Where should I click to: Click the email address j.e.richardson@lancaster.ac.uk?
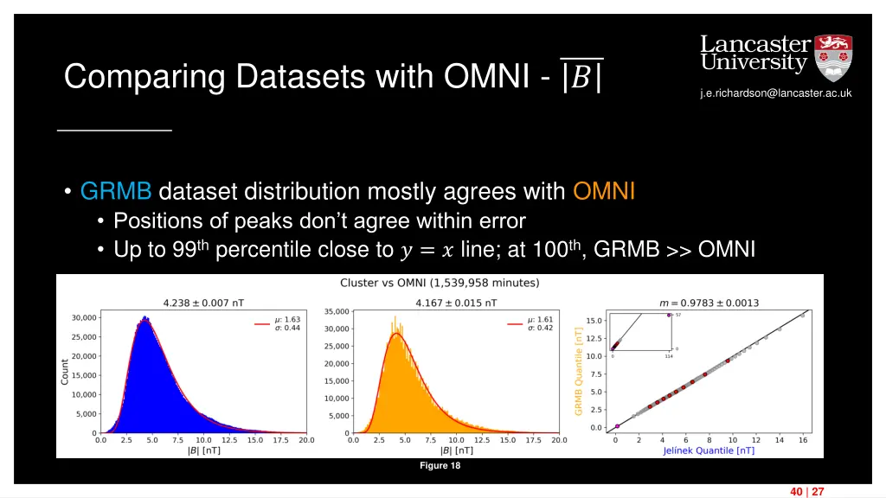point(776,93)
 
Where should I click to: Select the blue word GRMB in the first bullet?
point(116,191)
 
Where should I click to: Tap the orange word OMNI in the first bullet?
point(604,191)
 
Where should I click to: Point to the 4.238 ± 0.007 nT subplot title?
point(203,303)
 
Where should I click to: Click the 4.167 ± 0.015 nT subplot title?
point(457,303)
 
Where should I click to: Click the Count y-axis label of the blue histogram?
point(65,373)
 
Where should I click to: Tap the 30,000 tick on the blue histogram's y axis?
point(83,318)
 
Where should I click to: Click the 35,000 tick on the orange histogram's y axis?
point(336,311)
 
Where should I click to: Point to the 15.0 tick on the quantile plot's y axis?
point(594,321)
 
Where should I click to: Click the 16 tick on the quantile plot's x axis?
point(802,440)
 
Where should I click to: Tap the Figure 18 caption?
point(440,467)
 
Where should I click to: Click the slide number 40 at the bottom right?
point(795,492)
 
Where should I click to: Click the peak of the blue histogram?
point(144,318)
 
